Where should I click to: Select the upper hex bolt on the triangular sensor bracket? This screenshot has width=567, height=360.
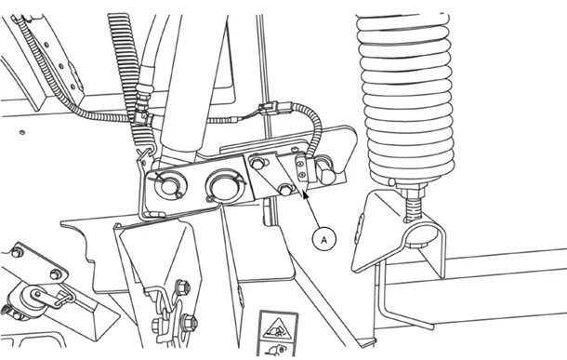tap(257, 165)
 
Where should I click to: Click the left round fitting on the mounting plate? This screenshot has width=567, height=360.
tap(167, 184)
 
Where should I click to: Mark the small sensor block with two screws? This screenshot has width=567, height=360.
tap(300, 171)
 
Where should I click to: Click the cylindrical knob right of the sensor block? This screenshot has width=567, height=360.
tap(325, 170)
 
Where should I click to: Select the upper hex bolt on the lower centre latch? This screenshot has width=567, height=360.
tap(181, 285)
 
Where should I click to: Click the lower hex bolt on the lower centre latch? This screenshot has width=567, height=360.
tap(190, 324)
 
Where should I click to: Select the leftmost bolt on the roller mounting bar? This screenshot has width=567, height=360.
tap(16, 252)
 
